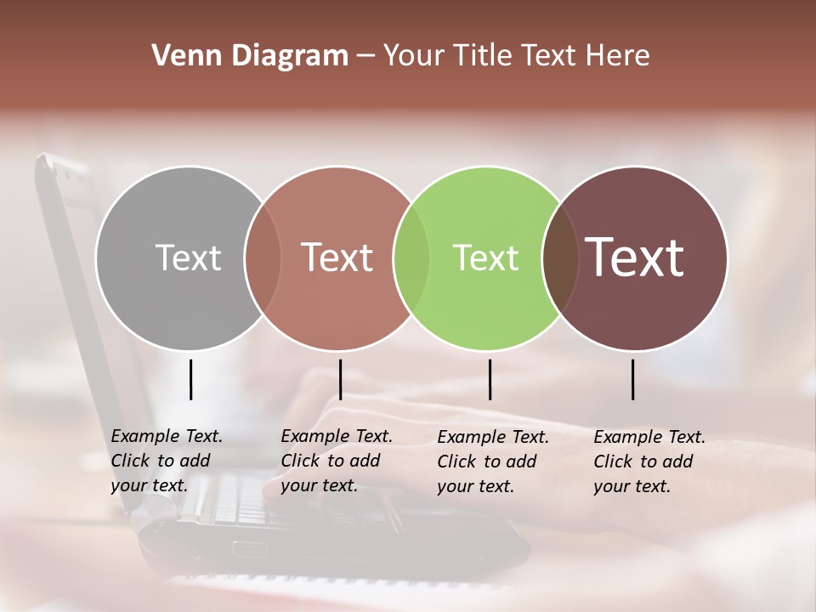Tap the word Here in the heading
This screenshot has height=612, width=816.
619,56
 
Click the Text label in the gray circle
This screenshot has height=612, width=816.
188,258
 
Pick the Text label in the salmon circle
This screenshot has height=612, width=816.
337,258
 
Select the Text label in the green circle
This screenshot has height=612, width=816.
485,258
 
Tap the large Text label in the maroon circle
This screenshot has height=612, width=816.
635,258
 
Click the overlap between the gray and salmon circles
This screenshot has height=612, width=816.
263,258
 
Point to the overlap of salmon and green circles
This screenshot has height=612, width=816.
411,258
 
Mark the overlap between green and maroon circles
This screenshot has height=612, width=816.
560,258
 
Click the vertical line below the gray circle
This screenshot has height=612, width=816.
191,379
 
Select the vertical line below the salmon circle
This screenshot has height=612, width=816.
340,379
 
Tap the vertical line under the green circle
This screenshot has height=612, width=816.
490,379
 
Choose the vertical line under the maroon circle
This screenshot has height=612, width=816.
633,379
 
